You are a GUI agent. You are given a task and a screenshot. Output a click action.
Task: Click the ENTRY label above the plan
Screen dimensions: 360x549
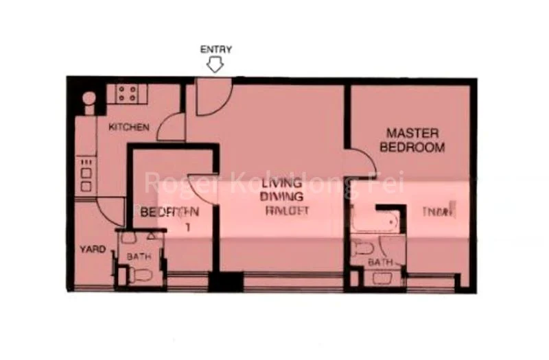(x=215, y=49)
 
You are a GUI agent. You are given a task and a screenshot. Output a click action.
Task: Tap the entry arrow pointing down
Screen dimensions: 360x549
(x=215, y=65)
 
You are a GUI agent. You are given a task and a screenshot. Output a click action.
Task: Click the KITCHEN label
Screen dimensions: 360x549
(x=128, y=128)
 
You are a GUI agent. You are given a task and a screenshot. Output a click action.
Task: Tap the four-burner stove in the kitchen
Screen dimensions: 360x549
(x=126, y=93)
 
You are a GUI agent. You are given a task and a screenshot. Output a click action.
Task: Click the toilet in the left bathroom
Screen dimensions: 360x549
(x=143, y=276)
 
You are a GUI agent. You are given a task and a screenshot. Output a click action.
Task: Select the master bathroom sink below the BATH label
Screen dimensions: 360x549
(x=382, y=278)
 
